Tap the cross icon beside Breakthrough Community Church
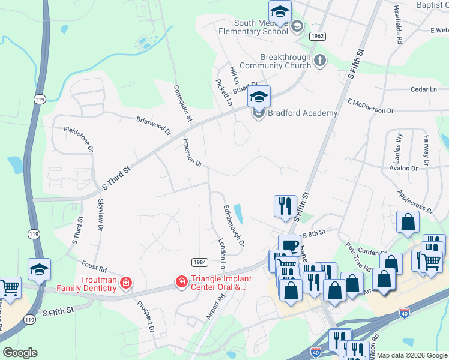(x=319, y=60)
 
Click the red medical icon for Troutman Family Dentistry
(x=126, y=282)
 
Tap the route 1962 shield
(x=318, y=37)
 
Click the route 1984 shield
(x=200, y=262)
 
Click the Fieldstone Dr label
(x=79, y=137)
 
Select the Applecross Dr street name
(x=415, y=202)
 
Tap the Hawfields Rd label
(x=398, y=25)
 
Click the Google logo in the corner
(x=20, y=353)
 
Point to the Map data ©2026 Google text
(x=412, y=355)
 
